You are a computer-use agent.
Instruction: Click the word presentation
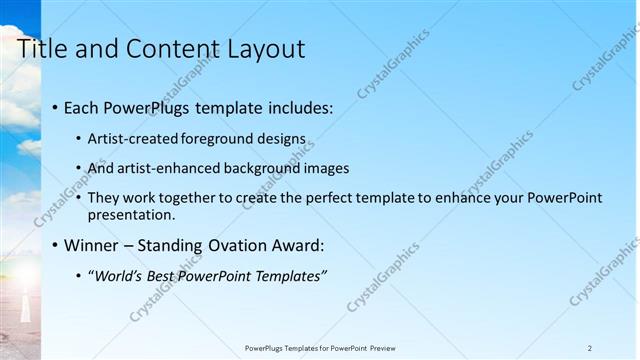(130, 214)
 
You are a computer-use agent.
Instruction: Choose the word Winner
(95, 245)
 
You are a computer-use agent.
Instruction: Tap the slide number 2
(590, 348)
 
